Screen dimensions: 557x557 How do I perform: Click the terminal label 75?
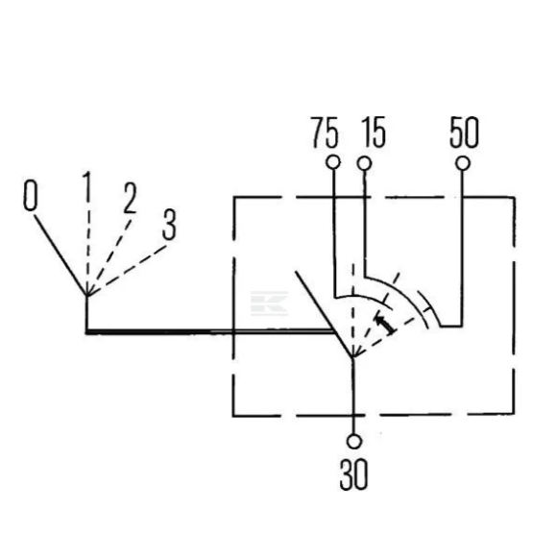click(x=325, y=133)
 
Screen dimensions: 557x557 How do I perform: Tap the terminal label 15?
click(x=374, y=132)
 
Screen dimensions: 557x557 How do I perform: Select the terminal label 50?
click(x=464, y=132)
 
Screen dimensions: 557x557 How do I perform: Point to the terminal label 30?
click(x=353, y=474)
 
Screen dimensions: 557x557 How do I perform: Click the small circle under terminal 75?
click(x=333, y=162)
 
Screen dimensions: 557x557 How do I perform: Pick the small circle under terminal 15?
click(x=365, y=164)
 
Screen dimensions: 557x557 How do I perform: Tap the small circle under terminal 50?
click(x=463, y=163)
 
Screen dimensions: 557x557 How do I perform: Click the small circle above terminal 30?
click(x=353, y=442)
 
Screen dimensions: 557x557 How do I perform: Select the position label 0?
click(x=30, y=195)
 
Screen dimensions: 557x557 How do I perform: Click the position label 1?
click(x=86, y=185)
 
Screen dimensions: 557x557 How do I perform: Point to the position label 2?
click(x=130, y=198)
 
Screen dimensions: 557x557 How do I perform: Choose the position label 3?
click(x=169, y=225)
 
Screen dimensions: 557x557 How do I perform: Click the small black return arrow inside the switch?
click(x=385, y=324)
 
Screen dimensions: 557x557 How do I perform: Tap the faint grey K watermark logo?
click(x=269, y=303)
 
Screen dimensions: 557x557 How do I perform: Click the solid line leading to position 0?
click(x=61, y=255)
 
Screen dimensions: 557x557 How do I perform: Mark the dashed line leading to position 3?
click(x=127, y=270)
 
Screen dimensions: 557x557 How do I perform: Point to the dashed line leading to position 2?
click(x=109, y=257)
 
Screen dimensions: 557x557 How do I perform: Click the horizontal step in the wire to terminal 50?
click(x=451, y=326)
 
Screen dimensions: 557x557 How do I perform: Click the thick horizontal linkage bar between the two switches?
click(x=209, y=332)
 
